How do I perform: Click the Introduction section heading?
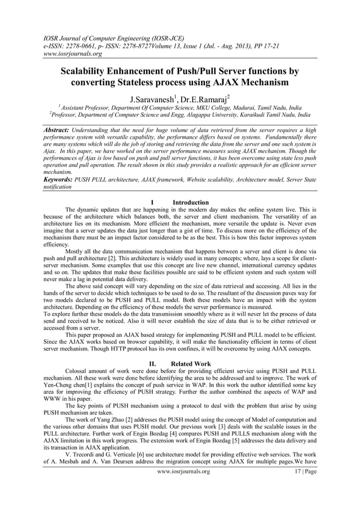pyautogui.click(x=190, y=202)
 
